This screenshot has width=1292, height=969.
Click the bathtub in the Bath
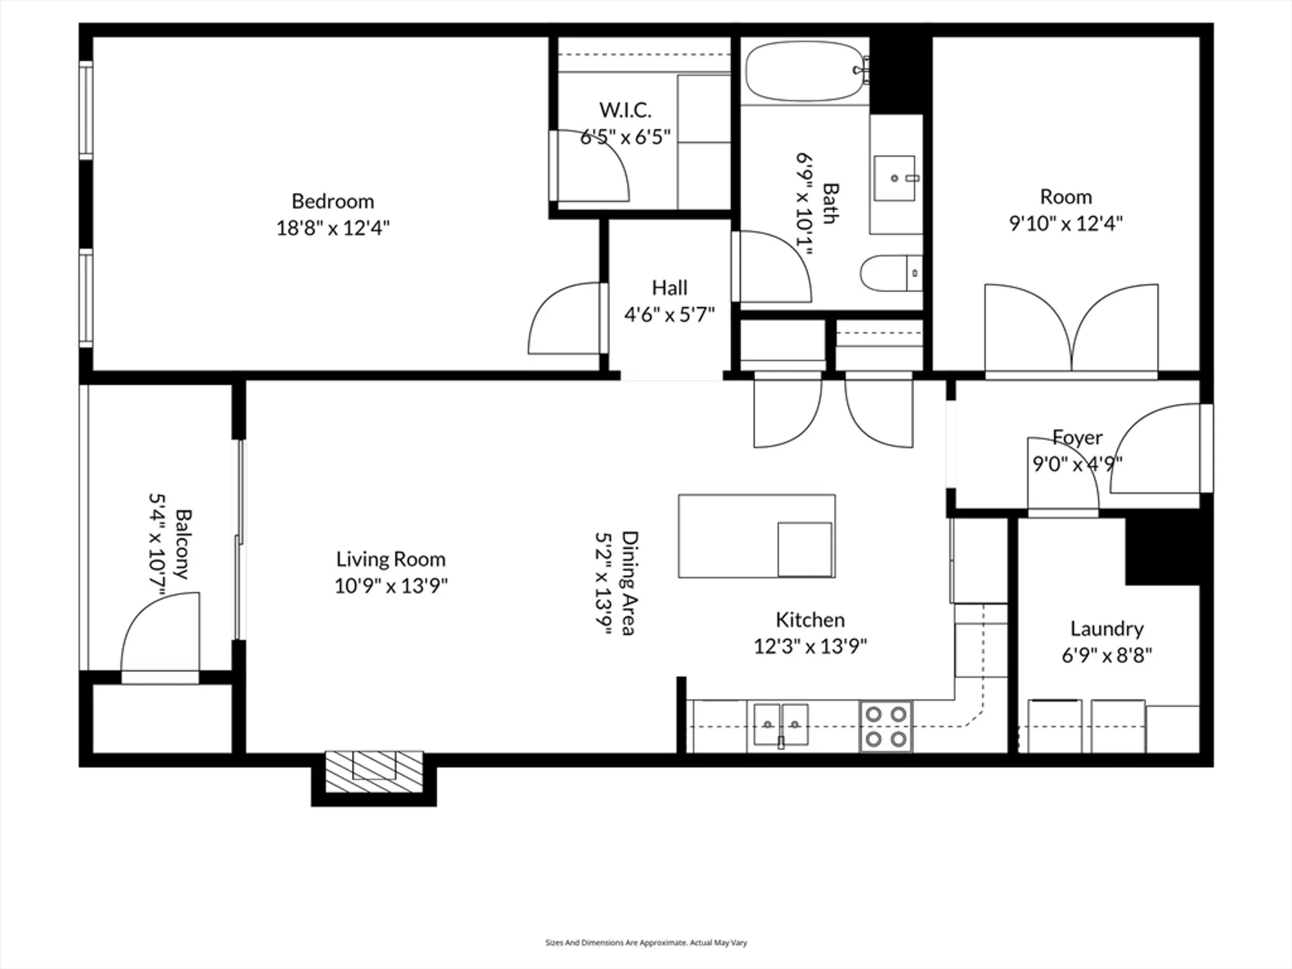pos(804,71)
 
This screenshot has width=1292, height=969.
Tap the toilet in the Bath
pos(888,273)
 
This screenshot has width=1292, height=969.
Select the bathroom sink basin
pos(895,178)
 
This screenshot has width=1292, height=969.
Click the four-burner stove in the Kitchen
pos(886,727)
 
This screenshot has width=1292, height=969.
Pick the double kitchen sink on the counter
pos(781,725)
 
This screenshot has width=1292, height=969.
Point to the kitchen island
pos(756,536)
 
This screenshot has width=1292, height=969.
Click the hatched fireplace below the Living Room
pos(374,771)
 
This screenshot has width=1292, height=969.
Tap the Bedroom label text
pos(333,201)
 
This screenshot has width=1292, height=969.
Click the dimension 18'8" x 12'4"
pos(333,228)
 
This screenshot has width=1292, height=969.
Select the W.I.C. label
pos(625,110)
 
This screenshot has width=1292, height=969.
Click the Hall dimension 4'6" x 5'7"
pos(669,315)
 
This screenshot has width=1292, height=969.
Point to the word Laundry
pos(1107,629)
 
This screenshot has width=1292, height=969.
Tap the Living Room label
pos(390,559)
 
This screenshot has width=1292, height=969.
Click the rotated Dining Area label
pos(629,583)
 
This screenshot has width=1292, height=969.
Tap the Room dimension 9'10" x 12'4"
pos(1065,224)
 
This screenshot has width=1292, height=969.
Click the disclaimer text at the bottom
pos(646,943)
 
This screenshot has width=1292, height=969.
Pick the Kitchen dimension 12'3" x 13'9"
pos(810,646)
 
